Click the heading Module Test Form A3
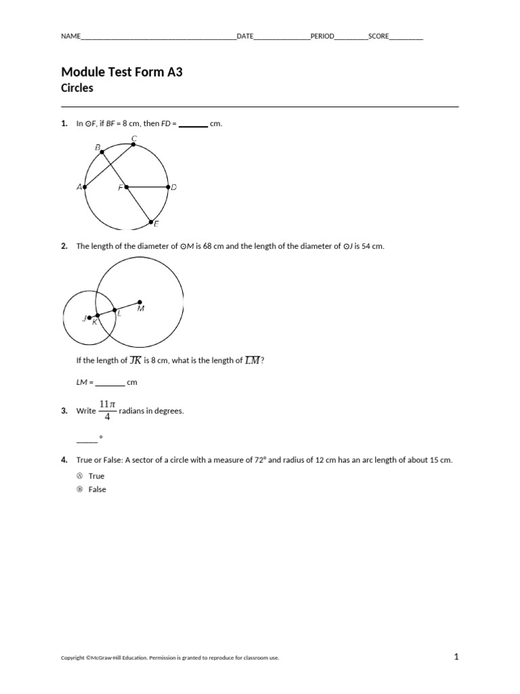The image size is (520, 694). click(122, 73)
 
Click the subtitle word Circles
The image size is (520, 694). click(77, 88)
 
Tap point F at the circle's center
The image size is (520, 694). click(127, 187)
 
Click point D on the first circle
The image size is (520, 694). click(168, 187)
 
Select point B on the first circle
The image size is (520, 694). click(102, 152)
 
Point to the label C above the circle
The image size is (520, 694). click(134, 139)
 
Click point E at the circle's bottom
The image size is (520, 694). click(150, 220)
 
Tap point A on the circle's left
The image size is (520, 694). click(85, 187)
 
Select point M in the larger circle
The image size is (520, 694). click(139, 302)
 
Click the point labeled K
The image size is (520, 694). click(97, 315)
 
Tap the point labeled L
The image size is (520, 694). click(114, 310)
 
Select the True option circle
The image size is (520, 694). click(79, 476)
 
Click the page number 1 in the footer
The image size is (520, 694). click(456, 656)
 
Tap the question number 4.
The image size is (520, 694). click(64, 460)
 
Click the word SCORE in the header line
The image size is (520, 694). click(378, 37)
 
